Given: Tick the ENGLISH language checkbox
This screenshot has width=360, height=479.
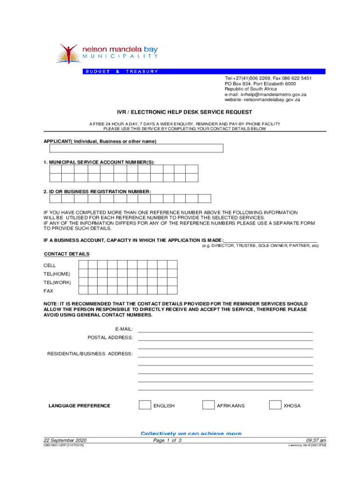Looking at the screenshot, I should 145,405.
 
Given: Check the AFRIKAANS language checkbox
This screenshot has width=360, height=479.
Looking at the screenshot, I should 208,405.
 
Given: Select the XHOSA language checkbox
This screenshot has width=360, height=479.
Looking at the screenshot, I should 275,405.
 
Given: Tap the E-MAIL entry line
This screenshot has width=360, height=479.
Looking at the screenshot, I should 225,329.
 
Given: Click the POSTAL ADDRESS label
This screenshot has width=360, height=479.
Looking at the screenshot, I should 110,337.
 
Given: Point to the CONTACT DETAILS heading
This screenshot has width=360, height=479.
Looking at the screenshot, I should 66,254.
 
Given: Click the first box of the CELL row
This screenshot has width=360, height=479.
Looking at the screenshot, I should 83,265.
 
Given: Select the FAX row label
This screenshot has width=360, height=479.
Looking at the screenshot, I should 49,290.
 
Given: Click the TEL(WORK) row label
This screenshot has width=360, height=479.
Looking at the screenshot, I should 57,282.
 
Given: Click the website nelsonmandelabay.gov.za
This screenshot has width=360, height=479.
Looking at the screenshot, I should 262,100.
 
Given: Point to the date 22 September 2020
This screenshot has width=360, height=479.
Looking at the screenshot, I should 65,441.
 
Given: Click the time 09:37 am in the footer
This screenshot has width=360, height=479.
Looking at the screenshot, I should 316,441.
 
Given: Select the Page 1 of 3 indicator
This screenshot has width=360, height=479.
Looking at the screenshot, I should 167,441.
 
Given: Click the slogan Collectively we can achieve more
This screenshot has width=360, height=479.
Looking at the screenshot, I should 191,434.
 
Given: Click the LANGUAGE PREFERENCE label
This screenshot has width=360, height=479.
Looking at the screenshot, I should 79,406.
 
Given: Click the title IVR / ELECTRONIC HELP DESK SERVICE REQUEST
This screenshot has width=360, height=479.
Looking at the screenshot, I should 184,112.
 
